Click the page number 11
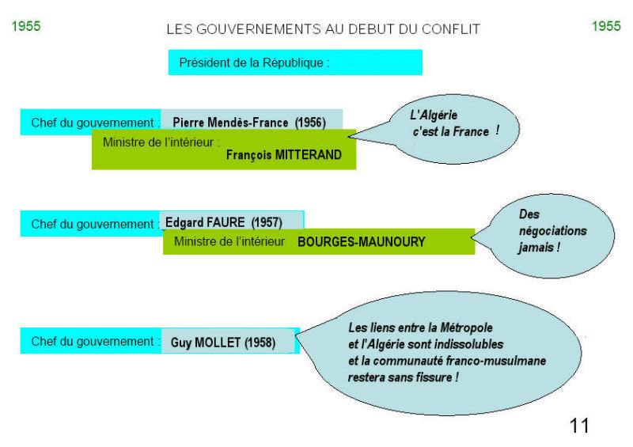click(x=579, y=426)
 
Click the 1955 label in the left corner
click(x=26, y=26)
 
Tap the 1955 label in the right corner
click(x=606, y=26)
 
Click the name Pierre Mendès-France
click(x=230, y=123)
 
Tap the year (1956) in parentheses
click(x=310, y=123)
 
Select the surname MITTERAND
click(x=308, y=154)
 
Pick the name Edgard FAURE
click(x=205, y=222)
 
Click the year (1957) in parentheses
click(x=267, y=222)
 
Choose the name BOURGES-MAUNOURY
click(x=362, y=242)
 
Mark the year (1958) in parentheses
click(x=260, y=343)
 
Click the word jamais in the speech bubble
click(x=536, y=247)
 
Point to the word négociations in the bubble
click(x=552, y=231)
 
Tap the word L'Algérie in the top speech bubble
click(x=434, y=115)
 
